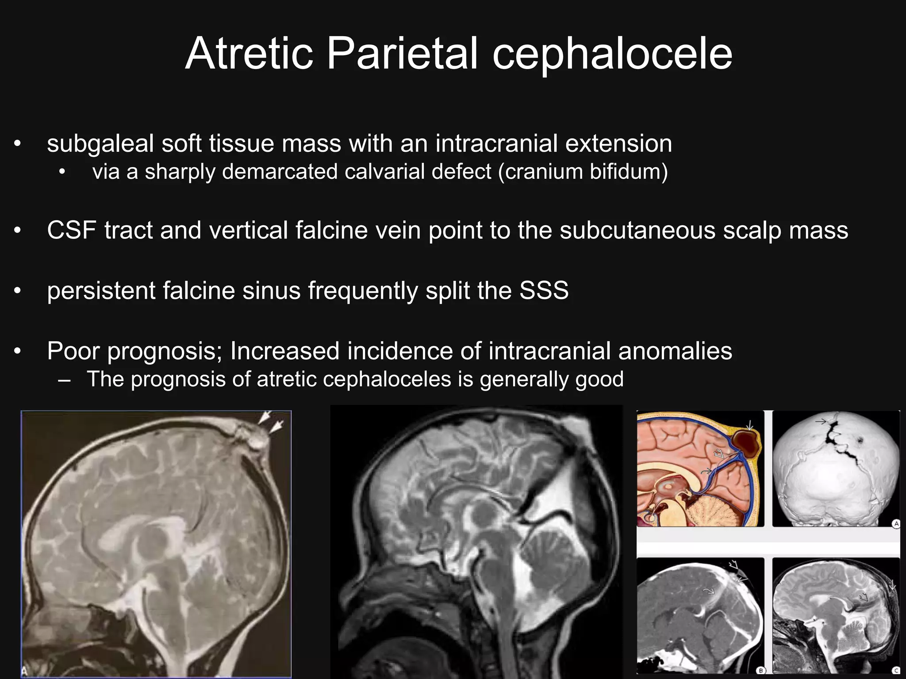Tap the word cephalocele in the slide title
pyautogui.click(x=612, y=54)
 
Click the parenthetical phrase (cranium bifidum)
pyautogui.click(x=583, y=172)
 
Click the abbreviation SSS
pyautogui.click(x=544, y=291)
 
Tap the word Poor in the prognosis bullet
pyautogui.click(x=73, y=351)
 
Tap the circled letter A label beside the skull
pyautogui.click(x=896, y=524)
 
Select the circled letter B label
pyautogui.click(x=761, y=671)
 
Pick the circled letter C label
pyautogui.click(x=896, y=671)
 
